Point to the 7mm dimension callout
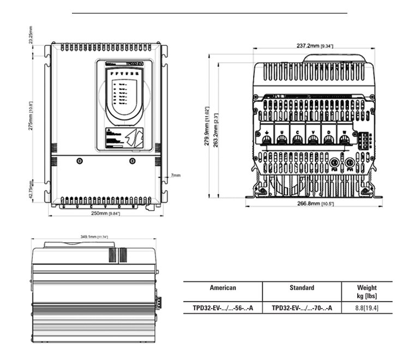tap(175, 176)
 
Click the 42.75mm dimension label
tap(31, 191)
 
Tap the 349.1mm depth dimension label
tap(94, 237)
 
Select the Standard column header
tap(302, 288)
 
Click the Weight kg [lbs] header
tap(367, 291)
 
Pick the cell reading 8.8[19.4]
tap(367, 308)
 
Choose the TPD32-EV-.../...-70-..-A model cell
tap(302, 308)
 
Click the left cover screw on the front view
tap(80, 161)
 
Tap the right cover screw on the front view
tap(131, 161)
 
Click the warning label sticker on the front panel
tap(124, 137)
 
